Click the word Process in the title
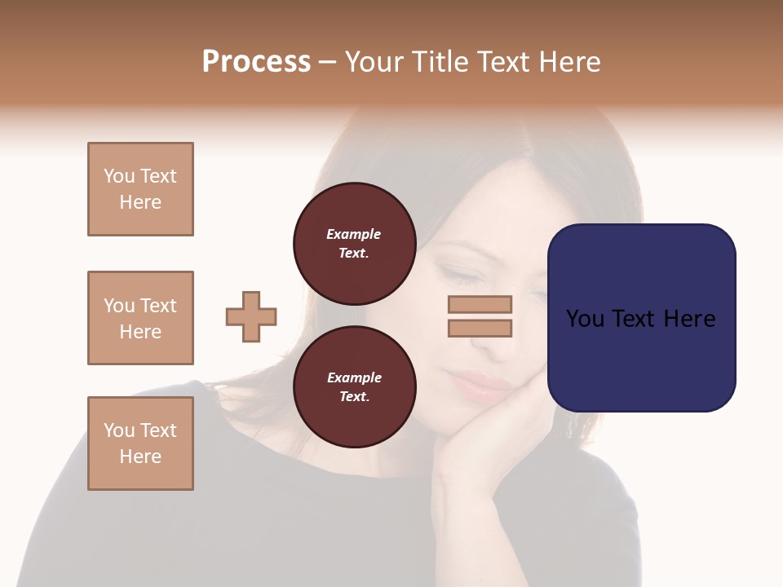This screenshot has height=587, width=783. [256, 62]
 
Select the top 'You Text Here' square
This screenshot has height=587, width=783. [140, 189]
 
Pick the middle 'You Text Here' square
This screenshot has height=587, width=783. [140, 318]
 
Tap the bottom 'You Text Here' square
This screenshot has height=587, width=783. [140, 444]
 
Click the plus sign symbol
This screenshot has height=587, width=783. [251, 316]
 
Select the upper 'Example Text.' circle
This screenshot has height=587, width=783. [354, 243]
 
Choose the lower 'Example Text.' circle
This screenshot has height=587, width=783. [354, 386]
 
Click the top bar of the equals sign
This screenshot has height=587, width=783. [480, 304]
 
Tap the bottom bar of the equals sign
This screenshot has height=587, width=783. [480, 328]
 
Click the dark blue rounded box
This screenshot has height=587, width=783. [641, 317]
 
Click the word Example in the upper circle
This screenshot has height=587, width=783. [354, 234]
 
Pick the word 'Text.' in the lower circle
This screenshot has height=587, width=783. [354, 396]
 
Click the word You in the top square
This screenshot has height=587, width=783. [119, 176]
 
